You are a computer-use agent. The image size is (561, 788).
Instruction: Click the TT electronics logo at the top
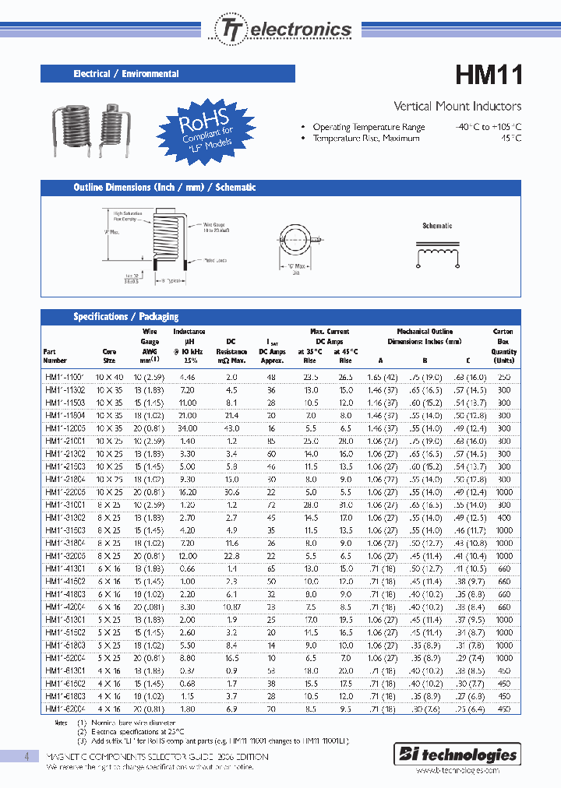283,29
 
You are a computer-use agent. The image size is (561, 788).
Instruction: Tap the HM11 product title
489,75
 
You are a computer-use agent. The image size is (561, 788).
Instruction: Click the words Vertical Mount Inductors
457,106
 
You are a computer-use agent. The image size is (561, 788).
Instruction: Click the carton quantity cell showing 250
504,376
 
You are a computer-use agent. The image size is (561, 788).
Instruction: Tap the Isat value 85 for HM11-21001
272,440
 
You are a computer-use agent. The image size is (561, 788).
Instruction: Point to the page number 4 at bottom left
26,757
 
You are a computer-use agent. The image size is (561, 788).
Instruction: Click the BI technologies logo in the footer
468,755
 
